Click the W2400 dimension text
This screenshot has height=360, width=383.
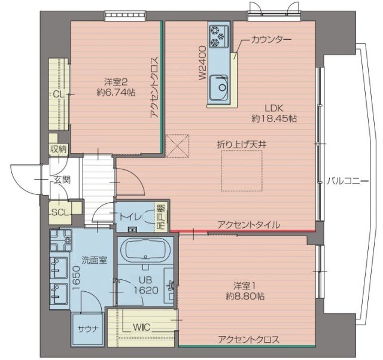[202, 63]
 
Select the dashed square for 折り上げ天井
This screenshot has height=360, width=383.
[241, 170]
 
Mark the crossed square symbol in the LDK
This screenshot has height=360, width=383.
[176, 146]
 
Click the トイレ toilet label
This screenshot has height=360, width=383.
[130, 216]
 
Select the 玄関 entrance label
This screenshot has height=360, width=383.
[61, 179]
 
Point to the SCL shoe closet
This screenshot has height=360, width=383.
[59, 212]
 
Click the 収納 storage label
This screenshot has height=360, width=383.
[59, 149]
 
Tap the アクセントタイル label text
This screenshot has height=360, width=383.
[248, 224]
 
